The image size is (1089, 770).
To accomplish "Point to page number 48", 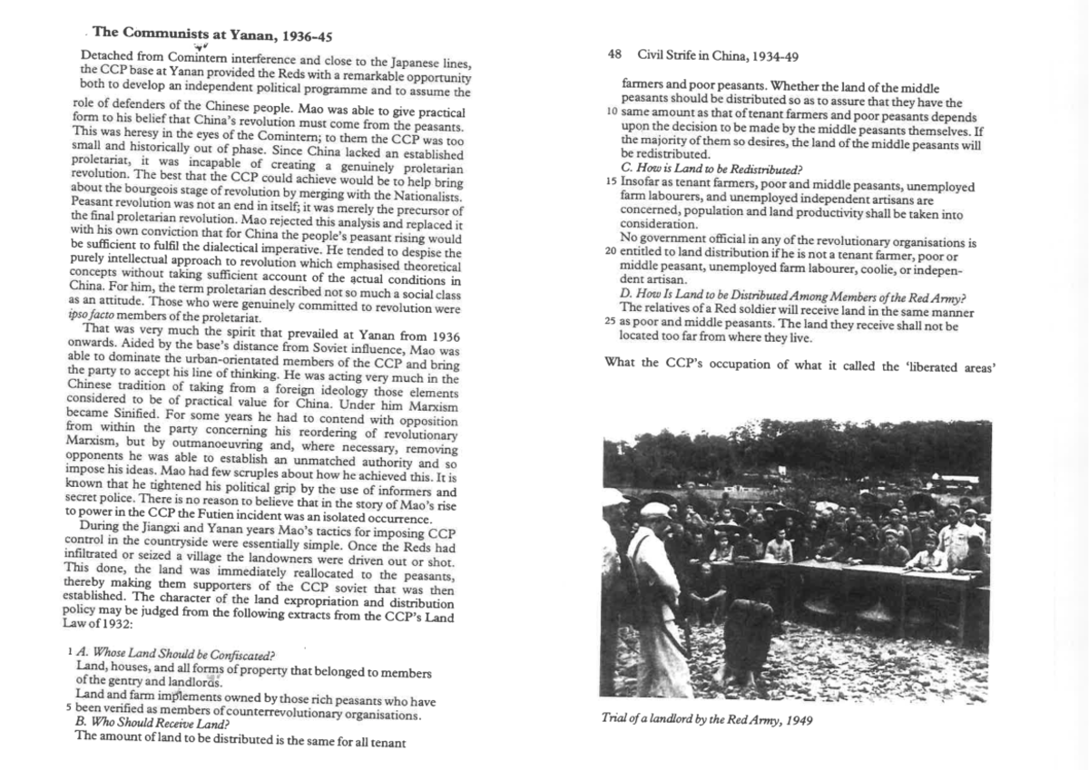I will tap(614, 55).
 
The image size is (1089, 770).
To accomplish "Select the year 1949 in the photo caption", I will tap(797, 719).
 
